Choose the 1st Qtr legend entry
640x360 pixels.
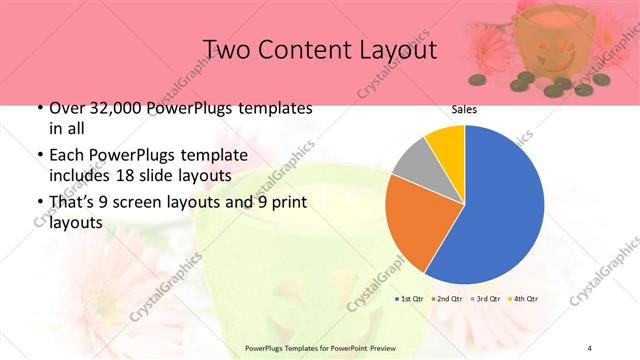point(410,298)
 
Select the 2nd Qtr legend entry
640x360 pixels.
point(449,298)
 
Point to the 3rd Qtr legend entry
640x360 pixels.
point(486,298)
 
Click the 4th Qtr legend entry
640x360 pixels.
point(524,298)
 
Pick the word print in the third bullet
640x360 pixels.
point(287,203)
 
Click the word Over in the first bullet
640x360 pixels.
point(67,108)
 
